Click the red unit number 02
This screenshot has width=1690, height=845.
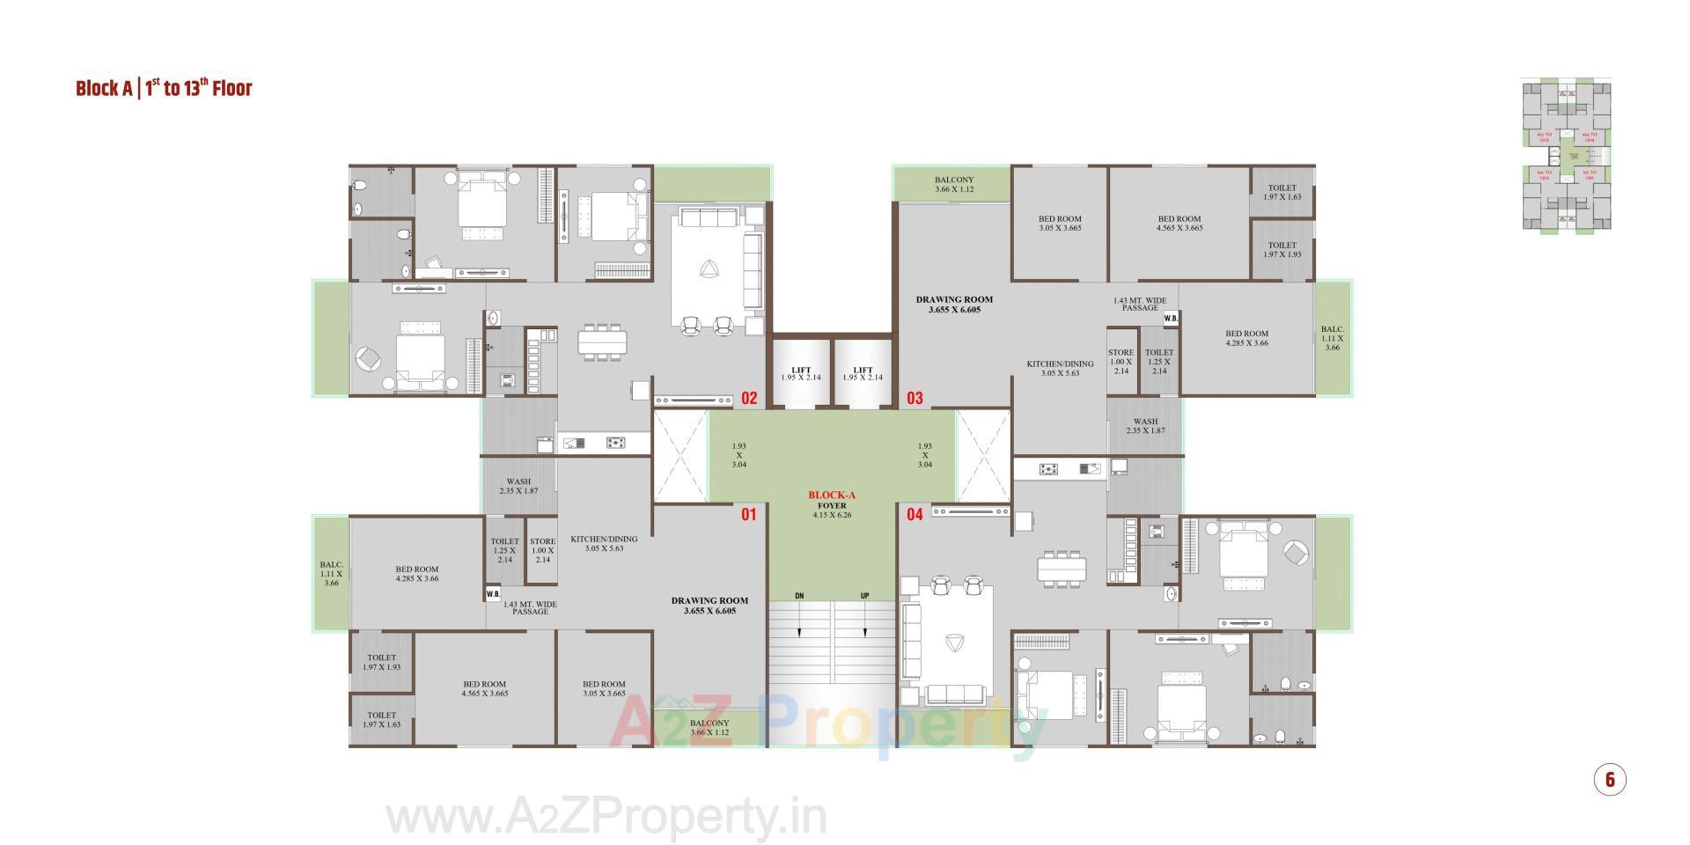coord(748,399)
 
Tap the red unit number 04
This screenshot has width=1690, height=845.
coord(915,514)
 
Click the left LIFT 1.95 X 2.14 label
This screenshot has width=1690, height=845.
coord(800,374)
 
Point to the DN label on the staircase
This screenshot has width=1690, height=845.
coord(799,597)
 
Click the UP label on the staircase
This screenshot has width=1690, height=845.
coord(864,597)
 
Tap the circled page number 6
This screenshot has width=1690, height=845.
coord(1610,780)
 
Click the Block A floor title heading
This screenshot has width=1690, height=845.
coord(164,88)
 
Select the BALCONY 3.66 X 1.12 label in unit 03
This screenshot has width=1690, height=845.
coord(954,185)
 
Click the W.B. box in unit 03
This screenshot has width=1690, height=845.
coord(1171,319)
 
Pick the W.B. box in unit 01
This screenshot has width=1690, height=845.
coord(493,594)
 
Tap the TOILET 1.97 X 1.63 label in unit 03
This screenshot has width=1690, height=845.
coord(1282,193)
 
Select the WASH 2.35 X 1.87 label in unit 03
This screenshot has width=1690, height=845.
coord(1145,426)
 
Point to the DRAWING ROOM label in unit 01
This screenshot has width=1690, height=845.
coord(709,606)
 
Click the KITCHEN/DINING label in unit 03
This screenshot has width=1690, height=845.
coord(1060,368)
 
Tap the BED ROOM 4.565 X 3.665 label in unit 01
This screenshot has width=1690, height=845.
coord(484,688)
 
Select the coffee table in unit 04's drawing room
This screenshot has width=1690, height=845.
coord(952,643)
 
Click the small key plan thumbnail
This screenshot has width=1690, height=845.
coord(1567,156)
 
